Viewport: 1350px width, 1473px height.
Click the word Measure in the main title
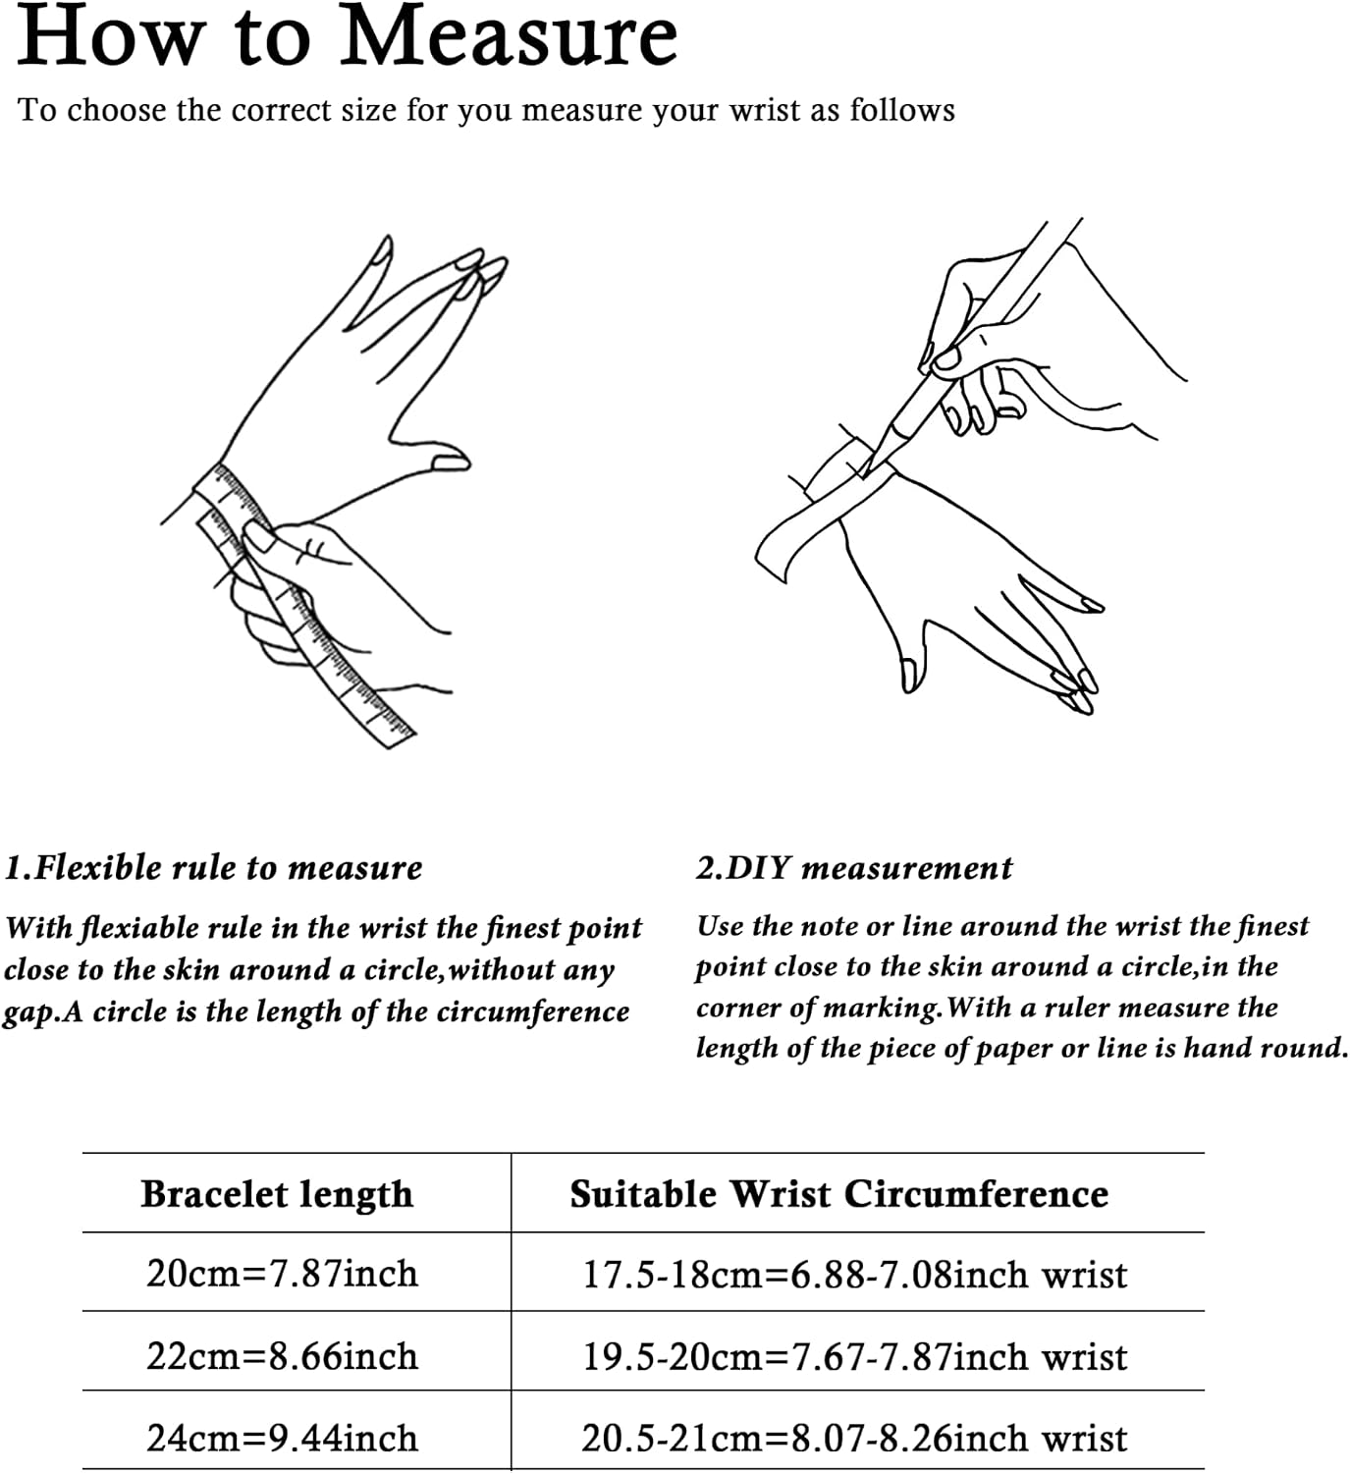[x=509, y=37]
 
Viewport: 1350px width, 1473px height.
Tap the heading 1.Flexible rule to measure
[x=214, y=867]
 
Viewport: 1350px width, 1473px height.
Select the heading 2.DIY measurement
[x=854, y=868]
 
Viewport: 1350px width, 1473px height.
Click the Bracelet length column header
[x=277, y=1194]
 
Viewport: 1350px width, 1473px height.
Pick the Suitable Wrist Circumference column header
[x=838, y=1194]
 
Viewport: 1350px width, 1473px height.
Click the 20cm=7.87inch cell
[x=282, y=1274]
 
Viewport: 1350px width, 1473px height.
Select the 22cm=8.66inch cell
[x=282, y=1355]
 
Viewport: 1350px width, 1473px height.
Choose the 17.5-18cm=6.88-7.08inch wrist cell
[x=854, y=1275]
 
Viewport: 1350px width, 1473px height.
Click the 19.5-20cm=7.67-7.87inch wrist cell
[x=854, y=1357]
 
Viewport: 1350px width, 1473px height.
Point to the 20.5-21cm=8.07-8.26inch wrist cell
[x=854, y=1439]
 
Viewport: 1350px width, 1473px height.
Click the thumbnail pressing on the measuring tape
[x=258, y=537]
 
